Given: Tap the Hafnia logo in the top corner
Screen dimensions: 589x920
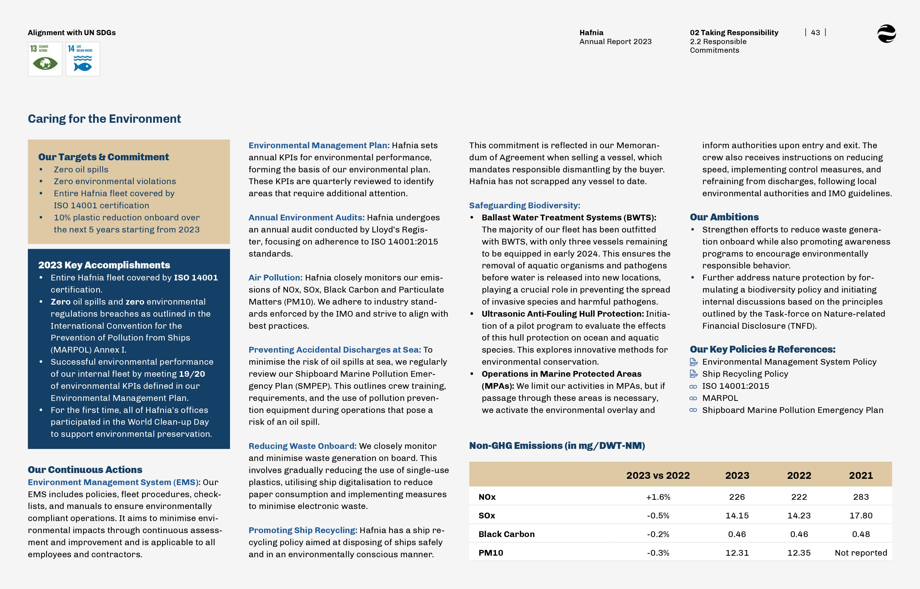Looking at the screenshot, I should point(886,34).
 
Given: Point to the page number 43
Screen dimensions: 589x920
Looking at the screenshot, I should point(815,33).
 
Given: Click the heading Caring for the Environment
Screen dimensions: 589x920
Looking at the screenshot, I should point(104,119).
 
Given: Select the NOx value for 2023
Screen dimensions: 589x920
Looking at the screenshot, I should point(737,497).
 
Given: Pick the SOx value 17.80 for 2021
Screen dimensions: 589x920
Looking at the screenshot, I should point(861,516).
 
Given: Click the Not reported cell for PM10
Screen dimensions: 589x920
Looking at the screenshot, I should point(861,553).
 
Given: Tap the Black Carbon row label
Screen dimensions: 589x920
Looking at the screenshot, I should point(506,534).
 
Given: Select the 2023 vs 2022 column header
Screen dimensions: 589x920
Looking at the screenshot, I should point(658,475).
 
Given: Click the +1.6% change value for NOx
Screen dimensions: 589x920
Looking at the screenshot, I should point(658,497).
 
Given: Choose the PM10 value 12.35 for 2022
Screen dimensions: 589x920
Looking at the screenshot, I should point(799,553).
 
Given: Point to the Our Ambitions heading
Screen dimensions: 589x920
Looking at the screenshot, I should point(724,217).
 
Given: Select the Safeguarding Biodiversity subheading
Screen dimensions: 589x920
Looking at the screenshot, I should point(525,205).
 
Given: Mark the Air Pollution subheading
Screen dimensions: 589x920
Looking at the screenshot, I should point(275,278).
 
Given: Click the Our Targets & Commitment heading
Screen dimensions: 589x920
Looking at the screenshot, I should point(103,157).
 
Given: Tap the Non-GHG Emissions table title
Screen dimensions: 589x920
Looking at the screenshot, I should point(557,445).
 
